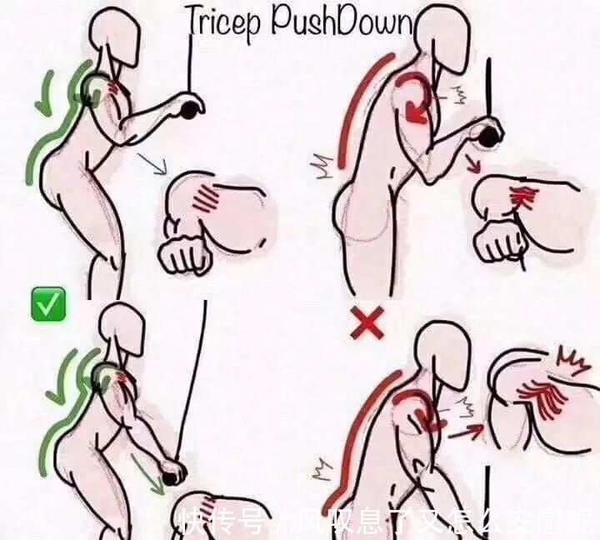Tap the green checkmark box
(x=48, y=305)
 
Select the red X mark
(x=367, y=322)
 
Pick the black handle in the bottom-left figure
(x=173, y=475)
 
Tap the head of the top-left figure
(x=115, y=37)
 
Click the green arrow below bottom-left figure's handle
(x=148, y=474)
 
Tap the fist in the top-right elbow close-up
(x=498, y=240)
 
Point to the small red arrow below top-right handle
(x=473, y=163)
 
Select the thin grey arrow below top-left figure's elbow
(x=152, y=163)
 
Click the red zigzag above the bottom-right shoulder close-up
(x=570, y=358)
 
